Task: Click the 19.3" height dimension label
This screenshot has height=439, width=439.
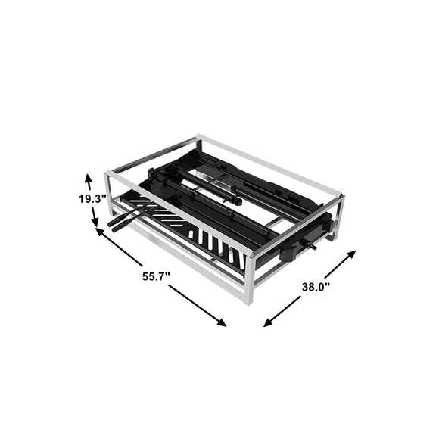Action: (91, 199)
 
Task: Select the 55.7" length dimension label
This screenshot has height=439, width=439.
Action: (155, 277)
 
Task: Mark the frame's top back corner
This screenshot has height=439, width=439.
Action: (198, 138)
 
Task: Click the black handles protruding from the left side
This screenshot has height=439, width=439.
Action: (120, 221)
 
